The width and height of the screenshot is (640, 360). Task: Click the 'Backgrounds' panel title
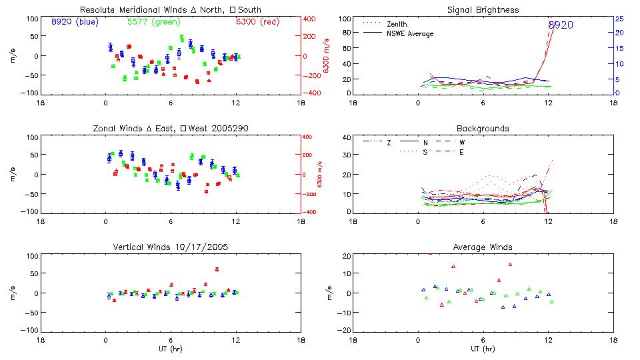[x=483, y=128]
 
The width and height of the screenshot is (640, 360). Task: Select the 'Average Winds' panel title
[x=483, y=247]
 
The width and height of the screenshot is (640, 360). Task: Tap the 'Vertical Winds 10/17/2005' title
[x=171, y=247]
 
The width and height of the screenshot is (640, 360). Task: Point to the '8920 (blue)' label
[x=74, y=22]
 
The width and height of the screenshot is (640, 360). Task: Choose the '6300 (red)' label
[x=257, y=22]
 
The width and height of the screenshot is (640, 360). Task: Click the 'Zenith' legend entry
[x=397, y=24]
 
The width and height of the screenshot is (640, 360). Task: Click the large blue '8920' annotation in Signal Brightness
[x=561, y=25]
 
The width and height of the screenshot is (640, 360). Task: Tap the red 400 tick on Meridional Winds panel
[x=312, y=19]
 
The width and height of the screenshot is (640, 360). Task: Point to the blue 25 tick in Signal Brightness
[x=619, y=19]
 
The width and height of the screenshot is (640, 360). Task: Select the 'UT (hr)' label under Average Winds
[x=483, y=349]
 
